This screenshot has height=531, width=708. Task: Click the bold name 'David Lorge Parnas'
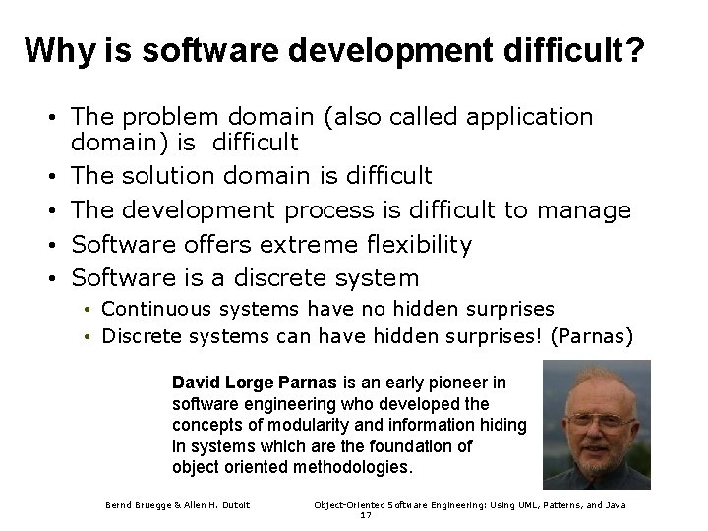point(256,382)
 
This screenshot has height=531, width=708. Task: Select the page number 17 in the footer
point(365,515)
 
